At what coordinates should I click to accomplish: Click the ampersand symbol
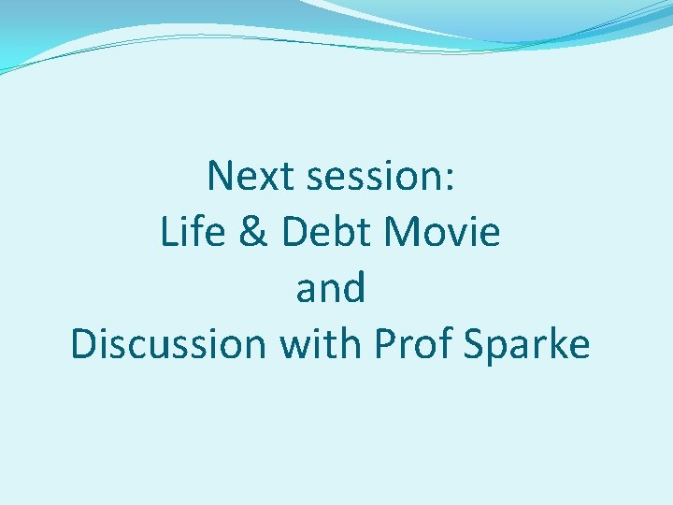[x=253, y=233]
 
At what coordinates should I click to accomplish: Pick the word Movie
[x=438, y=232]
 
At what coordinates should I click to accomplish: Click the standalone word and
[x=331, y=289]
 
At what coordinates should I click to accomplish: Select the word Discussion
[x=168, y=344]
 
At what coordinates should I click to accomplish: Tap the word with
[x=320, y=344]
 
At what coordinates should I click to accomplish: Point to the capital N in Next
[x=220, y=176]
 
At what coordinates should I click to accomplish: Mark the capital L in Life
[x=169, y=232]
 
